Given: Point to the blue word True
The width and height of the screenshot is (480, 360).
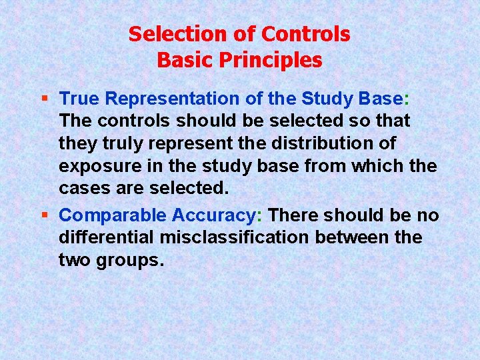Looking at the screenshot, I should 80,99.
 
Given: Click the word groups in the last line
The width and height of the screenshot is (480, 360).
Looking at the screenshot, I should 127,260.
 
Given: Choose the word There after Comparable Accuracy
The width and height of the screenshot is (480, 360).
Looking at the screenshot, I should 295,215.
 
